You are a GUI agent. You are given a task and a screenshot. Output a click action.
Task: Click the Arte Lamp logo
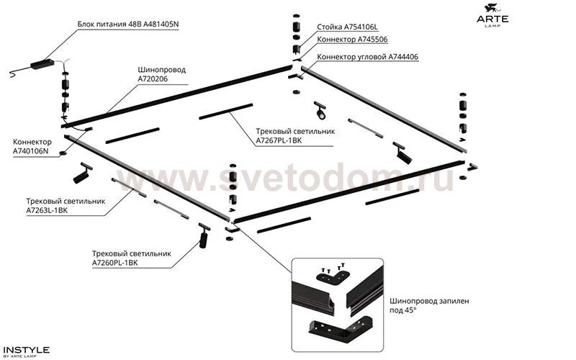492,15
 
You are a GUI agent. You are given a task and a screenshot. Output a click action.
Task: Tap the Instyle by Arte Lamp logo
26,351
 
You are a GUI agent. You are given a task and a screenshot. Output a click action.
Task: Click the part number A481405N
161,24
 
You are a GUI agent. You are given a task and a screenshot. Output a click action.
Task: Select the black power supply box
42,64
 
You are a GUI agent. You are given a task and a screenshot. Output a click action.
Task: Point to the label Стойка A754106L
347,27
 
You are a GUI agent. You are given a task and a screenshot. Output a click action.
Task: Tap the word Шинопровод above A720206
161,70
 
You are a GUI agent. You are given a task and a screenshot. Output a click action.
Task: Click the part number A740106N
30,151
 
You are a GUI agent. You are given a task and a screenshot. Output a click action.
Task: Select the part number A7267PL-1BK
279,140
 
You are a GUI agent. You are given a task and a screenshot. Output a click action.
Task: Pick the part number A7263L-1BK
47,211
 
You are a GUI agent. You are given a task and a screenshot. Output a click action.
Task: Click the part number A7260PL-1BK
114,263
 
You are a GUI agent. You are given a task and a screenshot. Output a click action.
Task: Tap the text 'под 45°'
403,310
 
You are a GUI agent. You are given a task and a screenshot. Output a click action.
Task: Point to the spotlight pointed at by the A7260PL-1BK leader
203,235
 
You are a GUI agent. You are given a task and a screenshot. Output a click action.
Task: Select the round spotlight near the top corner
320,111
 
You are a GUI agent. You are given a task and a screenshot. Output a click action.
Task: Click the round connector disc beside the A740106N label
63,153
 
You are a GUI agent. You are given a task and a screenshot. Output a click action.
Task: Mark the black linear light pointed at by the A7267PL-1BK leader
226,112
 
